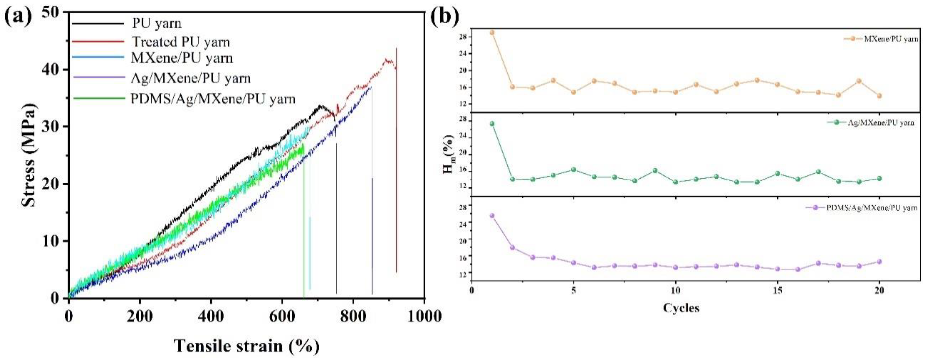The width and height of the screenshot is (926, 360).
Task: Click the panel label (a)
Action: (x=18, y=17)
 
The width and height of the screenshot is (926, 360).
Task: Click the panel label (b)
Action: (x=445, y=17)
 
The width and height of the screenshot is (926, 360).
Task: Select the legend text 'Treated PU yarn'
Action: (x=181, y=42)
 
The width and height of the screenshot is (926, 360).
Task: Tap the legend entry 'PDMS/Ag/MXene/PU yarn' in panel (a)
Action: (x=212, y=99)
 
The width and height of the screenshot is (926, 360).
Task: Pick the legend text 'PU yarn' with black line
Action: (x=157, y=24)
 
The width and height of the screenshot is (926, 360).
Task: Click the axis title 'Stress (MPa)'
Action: (x=29, y=155)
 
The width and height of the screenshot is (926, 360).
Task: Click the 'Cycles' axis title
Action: (x=681, y=308)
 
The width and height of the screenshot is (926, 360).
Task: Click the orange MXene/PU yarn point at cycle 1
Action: (x=492, y=33)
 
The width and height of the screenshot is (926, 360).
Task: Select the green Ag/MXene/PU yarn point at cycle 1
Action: (x=492, y=124)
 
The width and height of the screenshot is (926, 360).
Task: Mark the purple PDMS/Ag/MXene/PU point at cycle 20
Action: (x=879, y=262)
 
